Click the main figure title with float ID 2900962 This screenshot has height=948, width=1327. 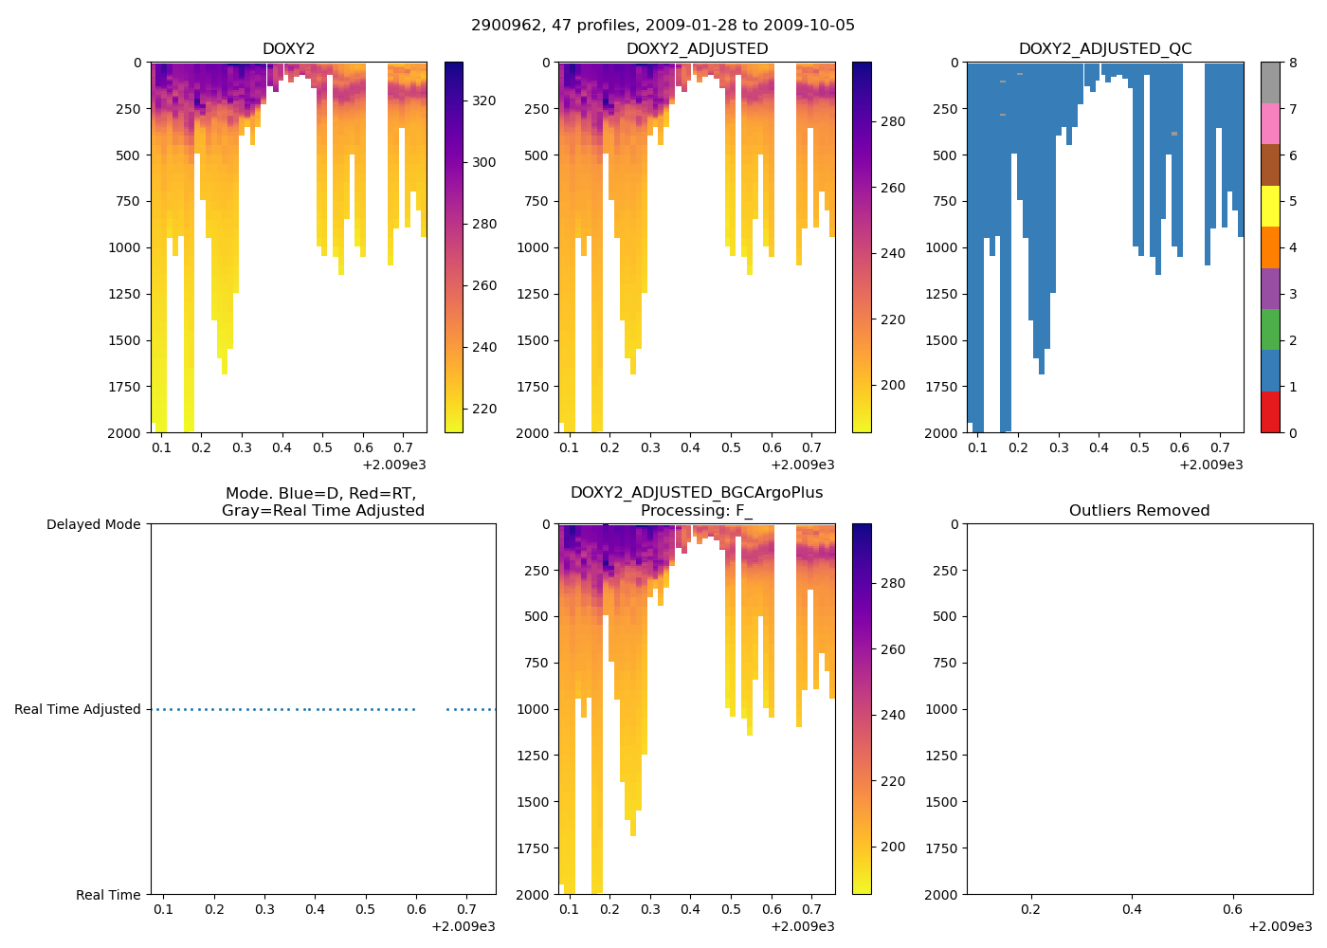coord(663,26)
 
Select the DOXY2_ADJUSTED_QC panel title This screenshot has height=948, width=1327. coord(1105,49)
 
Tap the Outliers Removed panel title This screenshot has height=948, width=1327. coord(1139,511)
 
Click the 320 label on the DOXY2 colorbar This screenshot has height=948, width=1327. coord(483,100)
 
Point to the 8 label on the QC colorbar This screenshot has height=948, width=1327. coord(1292,63)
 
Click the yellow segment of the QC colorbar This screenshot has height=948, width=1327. coord(1270,206)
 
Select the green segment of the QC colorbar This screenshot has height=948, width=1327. coord(1270,329)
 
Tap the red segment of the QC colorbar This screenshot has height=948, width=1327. coord(1270,411)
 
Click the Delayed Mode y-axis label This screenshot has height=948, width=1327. coord(93,524)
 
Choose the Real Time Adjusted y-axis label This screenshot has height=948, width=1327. coord(78,709)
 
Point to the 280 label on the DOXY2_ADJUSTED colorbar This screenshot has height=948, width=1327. coord(892,121)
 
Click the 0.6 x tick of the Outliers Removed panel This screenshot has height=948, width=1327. coord(1232,909)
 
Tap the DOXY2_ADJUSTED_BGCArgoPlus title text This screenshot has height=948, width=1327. coord(697,493)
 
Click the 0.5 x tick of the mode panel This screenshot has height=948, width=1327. coord(366,909)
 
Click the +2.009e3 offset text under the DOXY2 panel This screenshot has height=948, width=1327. coord(394,465)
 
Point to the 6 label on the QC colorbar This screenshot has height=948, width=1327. coord(1292,155)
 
